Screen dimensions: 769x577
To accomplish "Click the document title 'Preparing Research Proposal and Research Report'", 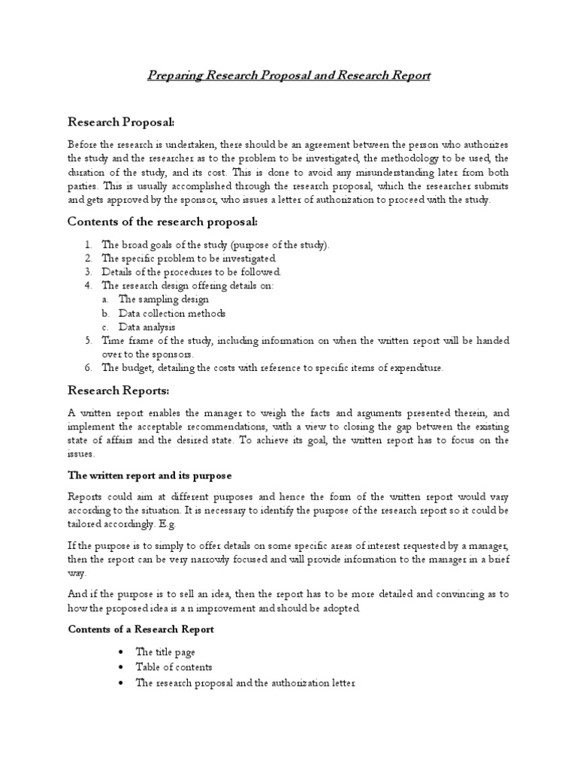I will [x=288, y=76].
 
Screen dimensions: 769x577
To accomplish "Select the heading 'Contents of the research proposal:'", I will [x=162, y=222].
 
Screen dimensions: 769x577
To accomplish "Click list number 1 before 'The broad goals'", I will [x=88, y=245].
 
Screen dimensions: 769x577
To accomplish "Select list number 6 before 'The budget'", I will [x=88, y=368].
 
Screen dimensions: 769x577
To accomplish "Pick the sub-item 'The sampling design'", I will [x=164, y=300].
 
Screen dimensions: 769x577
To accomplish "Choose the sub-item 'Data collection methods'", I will [x=172, y=313].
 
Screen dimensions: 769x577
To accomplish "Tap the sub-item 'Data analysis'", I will [x=147, y=327].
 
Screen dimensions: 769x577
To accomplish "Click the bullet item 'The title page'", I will [x=165, y=652].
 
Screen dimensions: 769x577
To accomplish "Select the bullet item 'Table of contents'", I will [x=174, y=667].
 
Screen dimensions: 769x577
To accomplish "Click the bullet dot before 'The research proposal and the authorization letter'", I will [x=121, y=683].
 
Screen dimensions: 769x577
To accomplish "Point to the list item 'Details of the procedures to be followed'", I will [x=192, y=272].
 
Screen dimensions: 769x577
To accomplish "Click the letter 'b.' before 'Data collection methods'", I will [x=106, y=313].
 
